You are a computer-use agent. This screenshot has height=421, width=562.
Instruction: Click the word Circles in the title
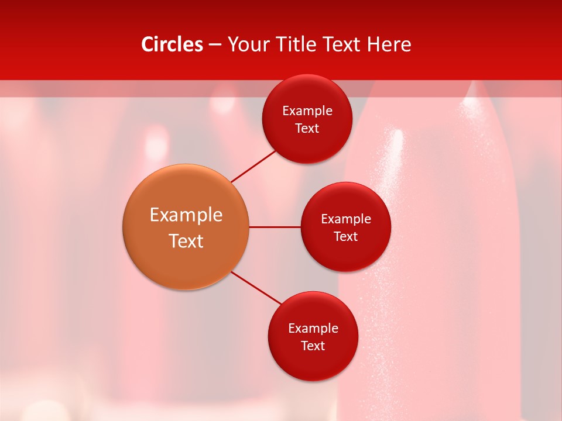click(172, 44)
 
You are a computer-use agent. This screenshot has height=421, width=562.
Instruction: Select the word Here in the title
click(389, 44)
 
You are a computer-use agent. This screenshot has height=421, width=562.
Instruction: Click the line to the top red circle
click(253, 166)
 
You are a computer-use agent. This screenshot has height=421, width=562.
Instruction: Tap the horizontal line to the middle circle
click(275, 227)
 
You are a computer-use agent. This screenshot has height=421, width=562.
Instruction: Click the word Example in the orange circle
click(186, 215)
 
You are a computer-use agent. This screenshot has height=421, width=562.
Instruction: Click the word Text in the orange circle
click(186, 241)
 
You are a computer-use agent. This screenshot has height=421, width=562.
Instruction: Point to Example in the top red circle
click(307, 111)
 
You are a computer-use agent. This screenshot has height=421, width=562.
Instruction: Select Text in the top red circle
click(307, 129)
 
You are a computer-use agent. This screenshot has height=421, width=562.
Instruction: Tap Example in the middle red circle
click(346, 219)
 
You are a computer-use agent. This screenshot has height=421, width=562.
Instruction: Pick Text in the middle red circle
click(346, 237)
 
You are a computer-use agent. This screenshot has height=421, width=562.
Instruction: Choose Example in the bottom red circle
click(313, 329)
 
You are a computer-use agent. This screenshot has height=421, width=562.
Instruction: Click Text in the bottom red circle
click(313, 346)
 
